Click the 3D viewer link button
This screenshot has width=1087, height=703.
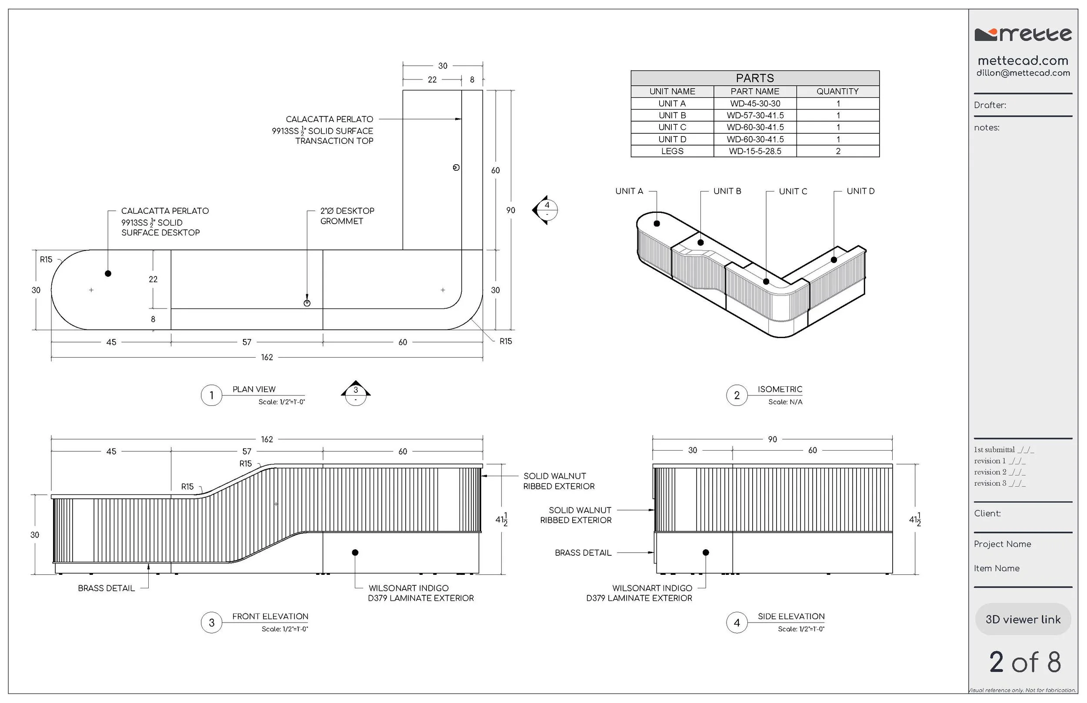[x=1023, y=620]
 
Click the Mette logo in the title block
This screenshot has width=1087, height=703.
[x=1023, y=35]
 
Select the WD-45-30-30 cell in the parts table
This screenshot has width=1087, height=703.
[x=755, y=103]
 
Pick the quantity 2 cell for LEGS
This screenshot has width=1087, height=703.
[x=837, y=151]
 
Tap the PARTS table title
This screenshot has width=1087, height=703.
[x=755, y=78]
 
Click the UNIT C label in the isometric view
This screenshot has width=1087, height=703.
[x=793, y=191]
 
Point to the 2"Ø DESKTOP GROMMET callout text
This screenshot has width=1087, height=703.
[x=347, y=216]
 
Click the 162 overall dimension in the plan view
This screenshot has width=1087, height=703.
[x=267, y=358]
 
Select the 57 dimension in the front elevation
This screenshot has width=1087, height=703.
[x=247, y=451]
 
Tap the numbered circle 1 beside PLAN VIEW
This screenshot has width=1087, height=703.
[x=211, y=395]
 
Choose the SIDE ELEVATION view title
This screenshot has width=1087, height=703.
[x=791, y=616]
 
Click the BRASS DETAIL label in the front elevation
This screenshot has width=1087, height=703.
[x=107, y=588]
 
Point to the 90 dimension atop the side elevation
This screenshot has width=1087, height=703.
[x=772, y=439]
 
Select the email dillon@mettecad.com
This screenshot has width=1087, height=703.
[x=1023, y=73]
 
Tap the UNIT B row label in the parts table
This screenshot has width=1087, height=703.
[x=672, y=116]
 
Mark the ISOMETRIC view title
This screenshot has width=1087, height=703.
[x=780, y=389]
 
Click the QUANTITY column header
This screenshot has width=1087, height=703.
[x=837, y=91]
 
